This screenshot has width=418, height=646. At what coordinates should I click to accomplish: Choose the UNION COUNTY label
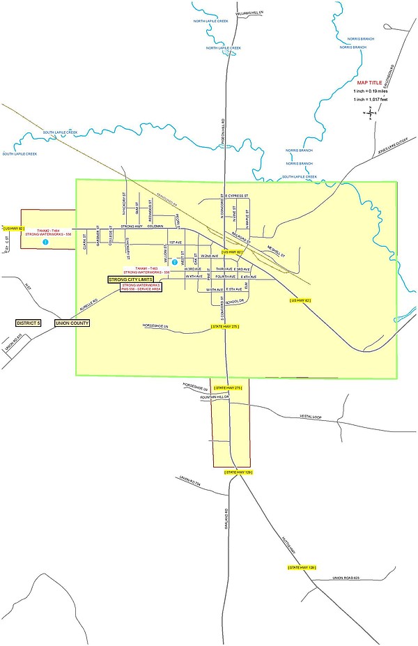point(72,323)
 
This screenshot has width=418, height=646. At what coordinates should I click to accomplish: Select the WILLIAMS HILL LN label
point(251,13)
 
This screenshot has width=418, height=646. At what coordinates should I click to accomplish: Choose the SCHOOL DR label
point(235,301)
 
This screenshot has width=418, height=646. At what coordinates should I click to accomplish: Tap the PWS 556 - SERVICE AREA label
point(141,289)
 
